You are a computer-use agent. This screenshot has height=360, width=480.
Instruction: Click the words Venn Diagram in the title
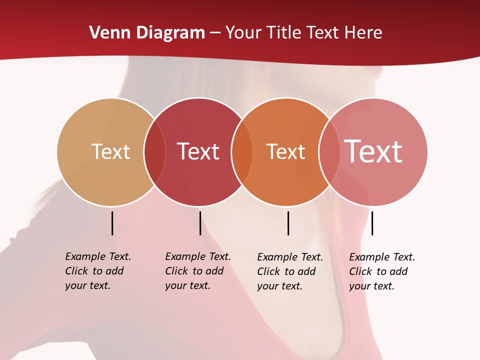point(147,33)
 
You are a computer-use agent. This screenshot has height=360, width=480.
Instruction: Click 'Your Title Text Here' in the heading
point(303,33)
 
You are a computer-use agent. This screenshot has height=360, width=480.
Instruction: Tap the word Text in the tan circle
point(110,151)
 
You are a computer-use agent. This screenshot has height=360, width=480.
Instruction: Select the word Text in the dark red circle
point(198,151)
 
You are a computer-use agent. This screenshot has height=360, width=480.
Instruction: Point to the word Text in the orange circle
point(285,151)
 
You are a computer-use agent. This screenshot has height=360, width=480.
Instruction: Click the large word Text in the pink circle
point(373,151)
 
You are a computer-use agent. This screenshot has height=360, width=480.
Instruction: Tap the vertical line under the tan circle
point(112,223)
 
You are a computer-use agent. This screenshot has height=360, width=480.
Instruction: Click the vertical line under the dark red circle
point(200,223)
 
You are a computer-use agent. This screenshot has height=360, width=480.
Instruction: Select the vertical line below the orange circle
point(288,223)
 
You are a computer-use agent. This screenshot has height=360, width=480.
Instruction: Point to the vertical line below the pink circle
point(372,223)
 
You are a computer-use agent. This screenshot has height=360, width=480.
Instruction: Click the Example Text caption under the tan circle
point(97,271)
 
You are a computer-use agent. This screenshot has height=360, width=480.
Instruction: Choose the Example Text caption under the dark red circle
point(197,271)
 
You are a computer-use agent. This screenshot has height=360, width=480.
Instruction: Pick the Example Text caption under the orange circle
point(289,271)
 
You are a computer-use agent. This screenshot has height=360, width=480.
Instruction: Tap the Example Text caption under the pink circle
point(381,271)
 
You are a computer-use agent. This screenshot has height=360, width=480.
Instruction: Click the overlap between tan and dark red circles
point(154,152)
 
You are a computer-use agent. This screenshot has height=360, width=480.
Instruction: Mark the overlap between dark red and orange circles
point(242,152)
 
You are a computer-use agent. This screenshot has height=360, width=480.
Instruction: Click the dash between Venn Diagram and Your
point(215,33)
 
